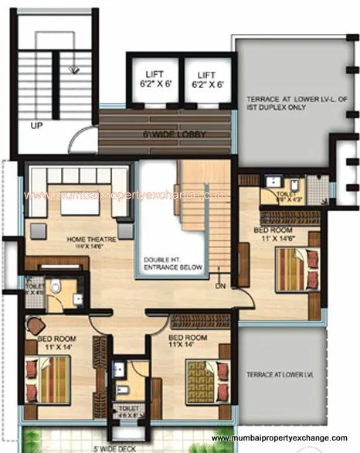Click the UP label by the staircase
[x=36, y=124]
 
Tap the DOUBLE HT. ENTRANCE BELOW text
[x=172, y=263]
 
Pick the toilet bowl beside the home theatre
[x=54, y=288]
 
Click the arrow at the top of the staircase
[x=73, y=68]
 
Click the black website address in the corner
[x=284, y=439]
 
